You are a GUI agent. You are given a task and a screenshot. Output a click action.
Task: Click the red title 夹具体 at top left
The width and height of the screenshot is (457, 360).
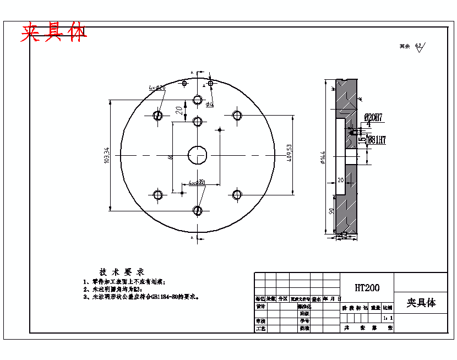(53, 34)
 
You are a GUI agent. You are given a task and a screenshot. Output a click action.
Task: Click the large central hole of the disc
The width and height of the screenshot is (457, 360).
(197, 155)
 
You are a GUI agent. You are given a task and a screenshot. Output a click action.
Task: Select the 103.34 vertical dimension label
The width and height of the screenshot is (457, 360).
(107, 155)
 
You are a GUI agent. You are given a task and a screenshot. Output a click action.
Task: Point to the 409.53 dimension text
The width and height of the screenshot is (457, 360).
(289, 156)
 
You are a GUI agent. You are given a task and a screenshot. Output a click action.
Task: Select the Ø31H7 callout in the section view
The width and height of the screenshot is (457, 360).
(376, 139)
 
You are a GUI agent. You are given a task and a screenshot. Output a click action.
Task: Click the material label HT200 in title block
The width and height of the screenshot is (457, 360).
(367, 287)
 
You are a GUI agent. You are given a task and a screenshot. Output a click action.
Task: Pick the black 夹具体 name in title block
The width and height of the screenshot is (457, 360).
(421, 303)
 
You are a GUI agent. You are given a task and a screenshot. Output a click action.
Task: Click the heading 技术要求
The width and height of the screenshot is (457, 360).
(121, 272)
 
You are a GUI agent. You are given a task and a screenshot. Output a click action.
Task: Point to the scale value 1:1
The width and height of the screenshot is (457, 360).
(388, 318)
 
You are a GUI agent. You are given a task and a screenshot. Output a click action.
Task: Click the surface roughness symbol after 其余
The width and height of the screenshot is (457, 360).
(419, 47)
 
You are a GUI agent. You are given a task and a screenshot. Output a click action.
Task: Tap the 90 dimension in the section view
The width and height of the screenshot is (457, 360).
(331, 211)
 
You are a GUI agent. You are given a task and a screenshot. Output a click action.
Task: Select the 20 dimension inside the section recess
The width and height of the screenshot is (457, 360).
(340, 180)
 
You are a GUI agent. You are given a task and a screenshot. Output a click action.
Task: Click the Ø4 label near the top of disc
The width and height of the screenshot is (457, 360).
(209, 104)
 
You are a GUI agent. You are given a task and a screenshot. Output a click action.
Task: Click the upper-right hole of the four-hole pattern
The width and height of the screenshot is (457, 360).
(237, 116)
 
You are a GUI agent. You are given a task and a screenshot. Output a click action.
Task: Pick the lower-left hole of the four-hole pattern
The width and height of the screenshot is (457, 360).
(158, 195)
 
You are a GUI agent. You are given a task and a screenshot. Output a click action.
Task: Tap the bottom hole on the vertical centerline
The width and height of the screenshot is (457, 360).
(197, 210)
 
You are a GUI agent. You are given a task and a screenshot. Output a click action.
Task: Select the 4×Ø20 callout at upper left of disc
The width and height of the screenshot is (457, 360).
(157, 88)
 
